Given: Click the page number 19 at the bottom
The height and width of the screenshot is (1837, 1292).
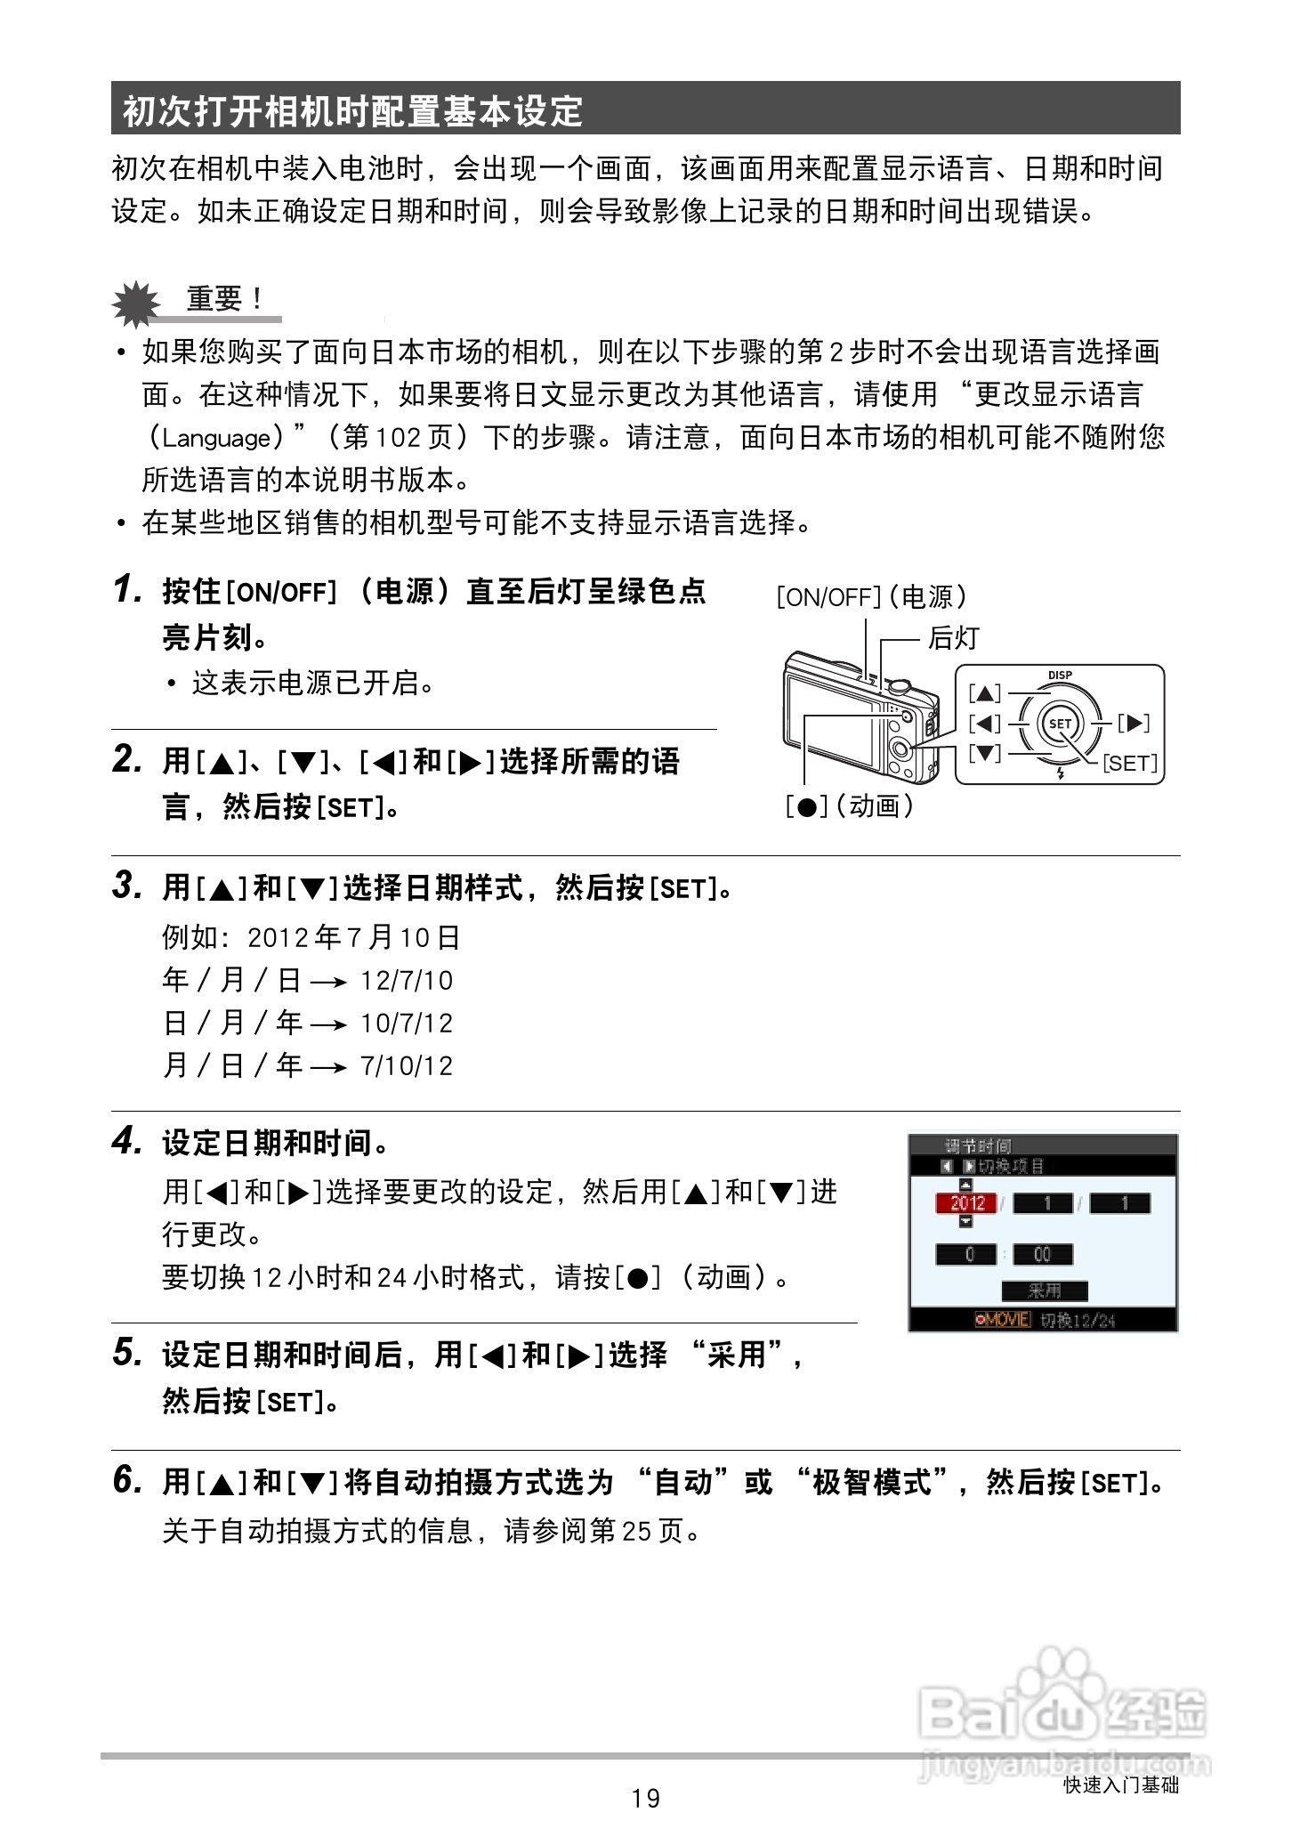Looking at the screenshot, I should click(x=645, y=1798).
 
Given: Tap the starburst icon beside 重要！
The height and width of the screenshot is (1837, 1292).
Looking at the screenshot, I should click(x=134, y=303).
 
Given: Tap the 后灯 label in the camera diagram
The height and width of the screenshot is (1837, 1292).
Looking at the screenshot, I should click(x=953, y=637).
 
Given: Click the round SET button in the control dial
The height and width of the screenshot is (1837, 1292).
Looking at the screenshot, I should click(x=1060, y=724).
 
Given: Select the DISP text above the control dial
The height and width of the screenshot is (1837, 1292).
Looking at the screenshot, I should click(x=1060, y=676).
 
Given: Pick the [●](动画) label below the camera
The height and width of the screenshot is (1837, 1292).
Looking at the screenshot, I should click(x=849, y=806).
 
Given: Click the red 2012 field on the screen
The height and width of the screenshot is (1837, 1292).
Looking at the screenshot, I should click(x=967, y=1203).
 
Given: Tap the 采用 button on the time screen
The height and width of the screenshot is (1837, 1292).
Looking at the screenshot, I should click(x=1044, y=1291).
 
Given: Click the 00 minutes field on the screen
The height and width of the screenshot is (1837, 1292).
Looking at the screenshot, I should click(x=1042, y=1254).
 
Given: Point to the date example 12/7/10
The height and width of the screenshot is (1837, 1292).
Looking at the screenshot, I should click(x=407, y=981).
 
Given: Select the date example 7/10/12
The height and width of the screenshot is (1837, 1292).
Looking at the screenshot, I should click(x=407, y=1066).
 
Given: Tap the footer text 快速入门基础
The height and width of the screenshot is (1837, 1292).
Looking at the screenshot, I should click(x=1120, y=1784).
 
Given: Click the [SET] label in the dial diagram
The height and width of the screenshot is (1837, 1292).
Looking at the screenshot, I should click(x=1130, y=764).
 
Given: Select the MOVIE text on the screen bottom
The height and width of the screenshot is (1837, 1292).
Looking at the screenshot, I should click(x=1005, y=1320).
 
